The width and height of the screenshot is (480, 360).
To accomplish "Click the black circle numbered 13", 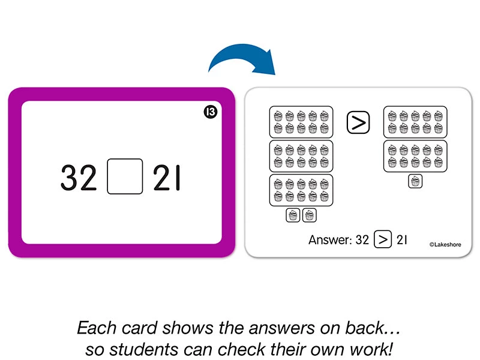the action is (x=211, y=112).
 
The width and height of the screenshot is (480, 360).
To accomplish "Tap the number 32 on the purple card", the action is (x=79, y=178).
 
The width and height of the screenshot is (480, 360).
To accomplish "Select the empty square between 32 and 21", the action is (x=125, y=176).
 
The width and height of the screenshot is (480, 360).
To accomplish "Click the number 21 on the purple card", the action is (x=166, y=178).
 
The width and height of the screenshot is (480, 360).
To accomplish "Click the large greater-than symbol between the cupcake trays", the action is (x=358, y=122).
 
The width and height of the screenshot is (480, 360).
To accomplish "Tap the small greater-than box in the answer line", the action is (x=383, y=239).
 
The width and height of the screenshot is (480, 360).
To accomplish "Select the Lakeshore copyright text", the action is (x=445, y=244).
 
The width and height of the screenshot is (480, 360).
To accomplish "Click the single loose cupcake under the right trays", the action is (x=415, y=181).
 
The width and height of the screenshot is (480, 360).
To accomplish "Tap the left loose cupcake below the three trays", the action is (x=293, y=215).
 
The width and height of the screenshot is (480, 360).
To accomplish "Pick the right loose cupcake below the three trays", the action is (x=310, y=215).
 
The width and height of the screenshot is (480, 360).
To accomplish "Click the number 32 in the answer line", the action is (x=362, y=239).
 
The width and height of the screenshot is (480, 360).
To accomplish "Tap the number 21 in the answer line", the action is (x=401, y=239).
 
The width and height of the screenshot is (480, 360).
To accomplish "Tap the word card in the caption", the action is (x=139, y=328).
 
